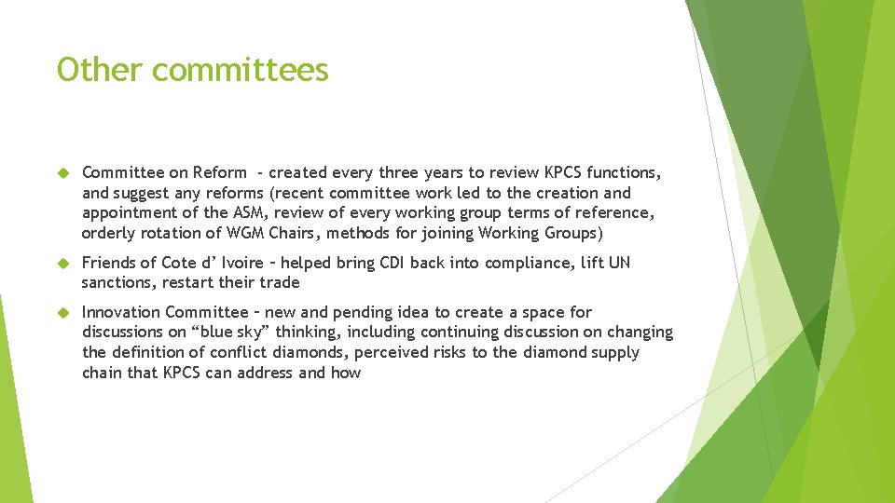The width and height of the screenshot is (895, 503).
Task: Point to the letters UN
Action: [619, 263]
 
